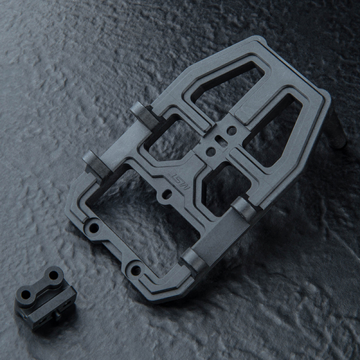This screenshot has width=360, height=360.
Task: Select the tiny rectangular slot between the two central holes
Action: pyautogui.click(x=221, y=141)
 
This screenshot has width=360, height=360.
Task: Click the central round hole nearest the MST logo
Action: pyautogui.click(x=211, y=152)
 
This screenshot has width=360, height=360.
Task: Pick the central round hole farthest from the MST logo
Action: pyautogui.click(x=232, y=130)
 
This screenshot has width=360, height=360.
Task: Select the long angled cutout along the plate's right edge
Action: pyautogui.click(x=274, y=130)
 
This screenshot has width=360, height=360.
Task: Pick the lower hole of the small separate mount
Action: pyautogui.click(x=26, y=295)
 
